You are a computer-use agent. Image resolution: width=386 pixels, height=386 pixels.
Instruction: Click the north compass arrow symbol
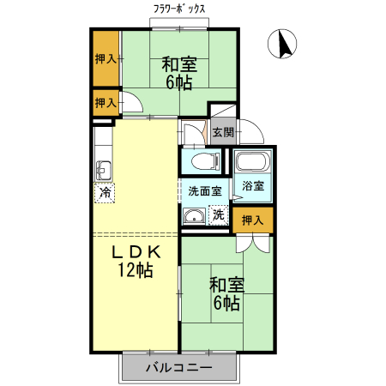[x=283, y=45]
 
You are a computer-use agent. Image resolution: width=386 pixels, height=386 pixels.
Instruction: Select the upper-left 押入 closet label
[x=106, y=59]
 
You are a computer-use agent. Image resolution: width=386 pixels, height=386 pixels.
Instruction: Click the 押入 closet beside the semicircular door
[x=106, y=103]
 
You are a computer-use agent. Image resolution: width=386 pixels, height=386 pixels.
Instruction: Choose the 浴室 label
[x=253, y=186]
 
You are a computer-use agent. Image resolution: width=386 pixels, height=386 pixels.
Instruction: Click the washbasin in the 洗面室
[x=195, y=215]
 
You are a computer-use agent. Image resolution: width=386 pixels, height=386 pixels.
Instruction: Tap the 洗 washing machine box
[x=218, y=214]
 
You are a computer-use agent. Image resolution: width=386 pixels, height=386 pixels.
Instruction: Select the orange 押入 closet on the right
[x=252, y=220]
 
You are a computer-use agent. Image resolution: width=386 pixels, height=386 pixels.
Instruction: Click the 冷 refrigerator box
[x=105, y=193]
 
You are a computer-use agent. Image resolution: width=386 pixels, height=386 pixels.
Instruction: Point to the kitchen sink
[x=104, y=168]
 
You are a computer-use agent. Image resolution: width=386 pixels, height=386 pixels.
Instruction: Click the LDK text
[x=135, y=252]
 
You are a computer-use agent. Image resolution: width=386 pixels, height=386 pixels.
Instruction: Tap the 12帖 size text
[x=135, y=271]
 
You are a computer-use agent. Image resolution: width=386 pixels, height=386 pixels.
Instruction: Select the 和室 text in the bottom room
[x=226, y=284]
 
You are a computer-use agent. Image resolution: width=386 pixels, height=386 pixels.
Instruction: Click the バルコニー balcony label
[x=178, y=369]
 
